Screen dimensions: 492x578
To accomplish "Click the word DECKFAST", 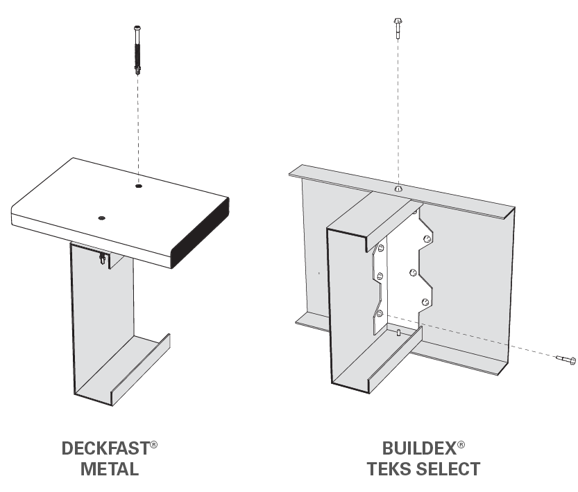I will click(x=105, y=448).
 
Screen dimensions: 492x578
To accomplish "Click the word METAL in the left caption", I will click(x=110, y=469).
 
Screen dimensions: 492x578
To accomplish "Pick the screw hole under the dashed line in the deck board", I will click(x=139, y=186).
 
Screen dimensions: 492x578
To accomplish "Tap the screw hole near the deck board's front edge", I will click(x=102, y=218).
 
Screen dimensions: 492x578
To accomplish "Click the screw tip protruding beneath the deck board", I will click(x=103, y=259).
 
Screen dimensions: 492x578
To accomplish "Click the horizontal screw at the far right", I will click(x=566, y=359).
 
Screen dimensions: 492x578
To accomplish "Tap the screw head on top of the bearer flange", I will click(x=398, y=188).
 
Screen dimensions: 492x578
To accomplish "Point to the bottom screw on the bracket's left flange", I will click(x=380, y=313).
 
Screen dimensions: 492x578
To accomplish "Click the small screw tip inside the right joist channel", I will click(x=399, y=333).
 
